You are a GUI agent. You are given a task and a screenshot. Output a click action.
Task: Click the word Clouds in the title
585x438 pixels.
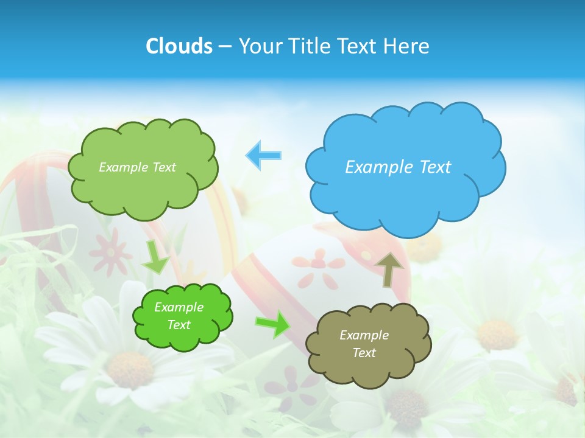click(179, 46)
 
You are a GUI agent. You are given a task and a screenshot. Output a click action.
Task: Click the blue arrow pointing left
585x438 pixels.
click(264, 155)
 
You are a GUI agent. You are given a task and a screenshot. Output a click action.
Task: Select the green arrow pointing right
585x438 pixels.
click(272, 323)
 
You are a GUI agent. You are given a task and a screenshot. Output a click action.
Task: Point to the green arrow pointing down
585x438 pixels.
click(155, 257)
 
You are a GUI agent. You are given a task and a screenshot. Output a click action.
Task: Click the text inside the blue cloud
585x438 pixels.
click(398, 167)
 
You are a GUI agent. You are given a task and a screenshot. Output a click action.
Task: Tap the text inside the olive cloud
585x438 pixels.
click(364, 344)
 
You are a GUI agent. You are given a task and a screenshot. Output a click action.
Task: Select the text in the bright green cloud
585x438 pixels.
click(179, 316)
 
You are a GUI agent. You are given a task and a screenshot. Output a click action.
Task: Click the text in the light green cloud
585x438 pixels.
click(137, 167)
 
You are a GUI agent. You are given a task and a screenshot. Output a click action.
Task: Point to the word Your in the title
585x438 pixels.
click(260, 46)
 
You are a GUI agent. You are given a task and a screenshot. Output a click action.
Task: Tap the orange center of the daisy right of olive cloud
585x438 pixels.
click(497, 334)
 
